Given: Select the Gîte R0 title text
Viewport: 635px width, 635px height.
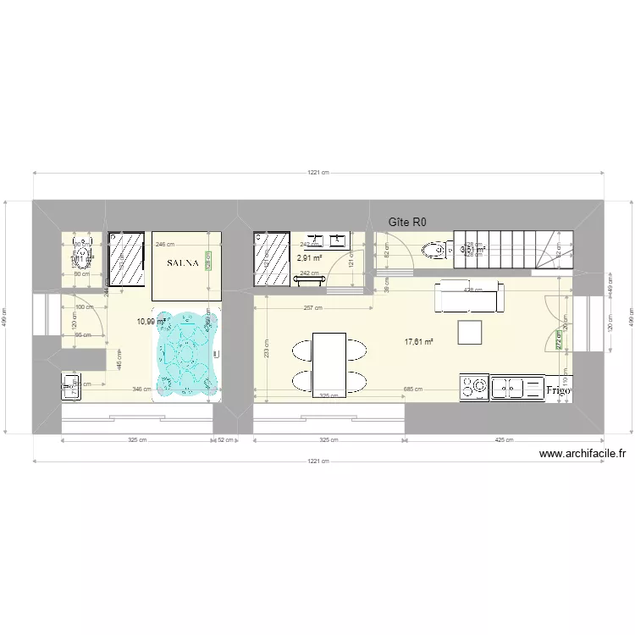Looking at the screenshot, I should (408, 223).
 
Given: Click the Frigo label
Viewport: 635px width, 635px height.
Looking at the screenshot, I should (559, 390).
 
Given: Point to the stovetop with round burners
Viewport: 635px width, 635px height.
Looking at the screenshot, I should (473, 388).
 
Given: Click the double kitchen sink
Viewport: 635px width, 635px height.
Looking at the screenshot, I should (516, 388).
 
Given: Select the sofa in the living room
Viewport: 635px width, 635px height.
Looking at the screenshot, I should (468, 296).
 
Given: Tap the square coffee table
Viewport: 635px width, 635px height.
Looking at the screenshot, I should (469, 332).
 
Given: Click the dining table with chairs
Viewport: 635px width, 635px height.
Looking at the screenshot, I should (329, 362).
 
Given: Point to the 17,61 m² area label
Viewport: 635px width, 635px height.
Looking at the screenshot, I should (418, 342).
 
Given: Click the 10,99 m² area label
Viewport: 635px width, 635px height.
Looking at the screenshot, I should (149, 322).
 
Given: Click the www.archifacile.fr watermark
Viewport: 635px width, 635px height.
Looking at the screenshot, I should (583, 454).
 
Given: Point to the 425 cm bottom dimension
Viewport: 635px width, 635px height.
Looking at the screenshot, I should (504, 440).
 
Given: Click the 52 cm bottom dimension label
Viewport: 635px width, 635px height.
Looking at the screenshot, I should (226, 440).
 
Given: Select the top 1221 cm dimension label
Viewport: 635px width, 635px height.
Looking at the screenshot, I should (318, 173).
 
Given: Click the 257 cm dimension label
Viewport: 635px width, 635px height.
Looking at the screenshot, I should (313, 284).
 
